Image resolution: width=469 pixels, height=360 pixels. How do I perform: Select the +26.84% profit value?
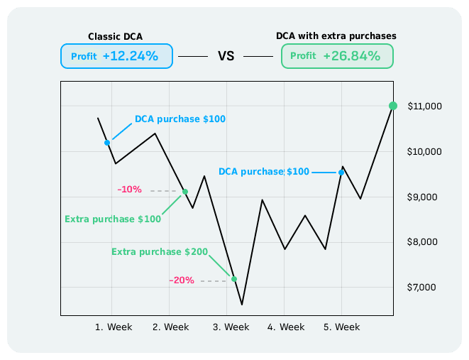pyautogui.click(x=351, y=56)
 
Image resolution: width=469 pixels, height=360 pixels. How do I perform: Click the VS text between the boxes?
pyautogui.click(x=226, y=56)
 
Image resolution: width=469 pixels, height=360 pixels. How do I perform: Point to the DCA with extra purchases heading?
pyautogui.click(x=336, y=35)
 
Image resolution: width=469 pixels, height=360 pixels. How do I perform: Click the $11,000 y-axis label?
pyautogui.click(x=425, y=107)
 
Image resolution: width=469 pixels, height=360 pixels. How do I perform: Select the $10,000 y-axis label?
pyautogui.click(x=425, y=152)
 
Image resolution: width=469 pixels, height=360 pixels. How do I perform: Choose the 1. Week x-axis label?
pyautogui.click(x=114, y=327)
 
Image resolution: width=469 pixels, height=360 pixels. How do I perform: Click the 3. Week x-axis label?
pyautogui.click(x=231, y=327)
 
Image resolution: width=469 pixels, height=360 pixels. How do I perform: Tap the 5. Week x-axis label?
pyautogui.click(x=341, y=327)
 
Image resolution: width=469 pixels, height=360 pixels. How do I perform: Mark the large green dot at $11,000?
pyautogui.click(x=393, y=106)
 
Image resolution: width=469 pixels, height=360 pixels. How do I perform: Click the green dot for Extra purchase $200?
pyautogui.click(x=233, y=279)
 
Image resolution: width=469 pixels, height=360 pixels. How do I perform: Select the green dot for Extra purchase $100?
pyautogui.click(x=185, y=192)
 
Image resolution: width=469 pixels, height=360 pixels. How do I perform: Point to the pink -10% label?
pyautogui.click(x=130, y=190)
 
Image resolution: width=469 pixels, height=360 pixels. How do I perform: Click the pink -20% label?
pyautogui.click(x=182, y=280)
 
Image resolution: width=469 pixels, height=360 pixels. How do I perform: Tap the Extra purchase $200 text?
pyautogui.click(x=160, y=252)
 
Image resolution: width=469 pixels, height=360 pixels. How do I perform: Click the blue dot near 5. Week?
pyautogui.click(x=341, y=173)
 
